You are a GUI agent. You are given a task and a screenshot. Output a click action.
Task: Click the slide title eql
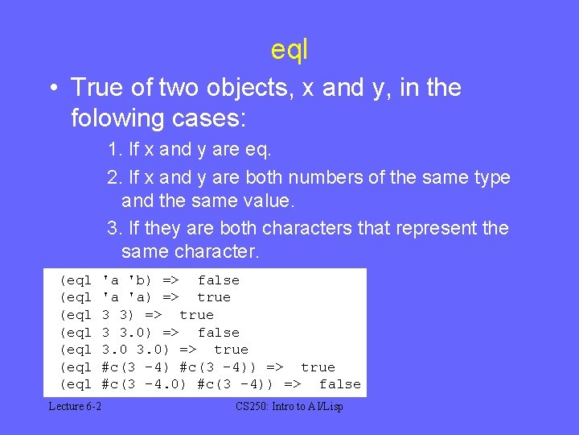click(x=289, y=50)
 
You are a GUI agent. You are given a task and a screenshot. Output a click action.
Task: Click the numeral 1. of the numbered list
click(x=114, y=150)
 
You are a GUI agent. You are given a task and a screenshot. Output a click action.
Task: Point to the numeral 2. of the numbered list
click(x=114, y=177)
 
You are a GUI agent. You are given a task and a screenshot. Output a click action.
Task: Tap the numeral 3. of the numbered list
click(x=114, y=229)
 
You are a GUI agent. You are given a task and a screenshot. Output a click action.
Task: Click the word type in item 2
click(x=492, y=177)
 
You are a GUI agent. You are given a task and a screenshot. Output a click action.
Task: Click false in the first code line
click(x=219, y=280)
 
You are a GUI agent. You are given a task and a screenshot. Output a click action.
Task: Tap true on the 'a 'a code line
click(x=214, y=297)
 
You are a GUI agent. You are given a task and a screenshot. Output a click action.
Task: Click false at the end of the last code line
click(x=339, y=384)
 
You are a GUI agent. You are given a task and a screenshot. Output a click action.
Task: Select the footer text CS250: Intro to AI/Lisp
click(x=289, y=407)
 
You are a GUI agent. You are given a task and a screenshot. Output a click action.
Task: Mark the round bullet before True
click(x=51, y=88)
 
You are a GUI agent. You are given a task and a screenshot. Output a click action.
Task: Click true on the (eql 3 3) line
click(x=196, y=315)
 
